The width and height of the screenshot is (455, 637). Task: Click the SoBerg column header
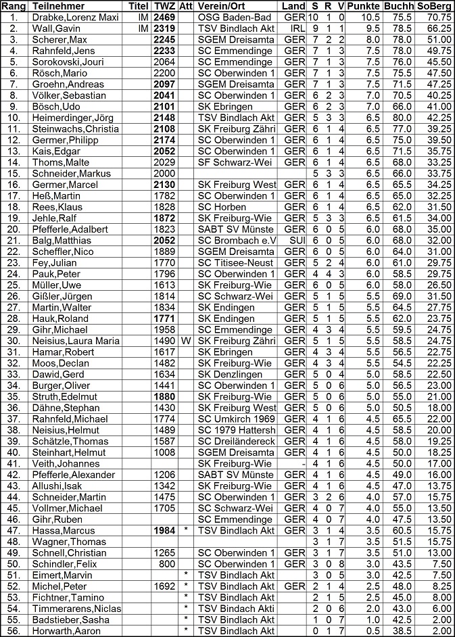[434, 5]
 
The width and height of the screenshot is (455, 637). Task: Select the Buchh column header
[399, 5]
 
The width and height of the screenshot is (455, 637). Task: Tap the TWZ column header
[165, 5]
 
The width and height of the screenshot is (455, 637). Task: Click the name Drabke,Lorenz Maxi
[74, 17]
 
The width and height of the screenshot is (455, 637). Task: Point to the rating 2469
[165, 17]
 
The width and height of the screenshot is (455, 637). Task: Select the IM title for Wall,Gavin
[143, 28]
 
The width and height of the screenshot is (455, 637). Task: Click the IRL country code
[295, 28]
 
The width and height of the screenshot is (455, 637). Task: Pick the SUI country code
[295, 240]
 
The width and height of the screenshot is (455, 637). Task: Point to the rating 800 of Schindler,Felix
[169, 564]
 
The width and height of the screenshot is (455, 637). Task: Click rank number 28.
[14, 318]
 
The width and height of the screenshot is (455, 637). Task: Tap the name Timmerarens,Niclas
[76, 609]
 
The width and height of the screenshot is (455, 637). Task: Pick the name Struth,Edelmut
[64, 397]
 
